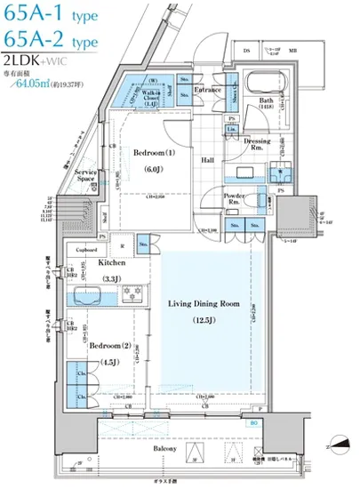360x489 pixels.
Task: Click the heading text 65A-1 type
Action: pos(50,15)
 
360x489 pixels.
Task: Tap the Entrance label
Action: pos(208,90)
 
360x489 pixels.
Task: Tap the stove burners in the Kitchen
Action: pos(133,293)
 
